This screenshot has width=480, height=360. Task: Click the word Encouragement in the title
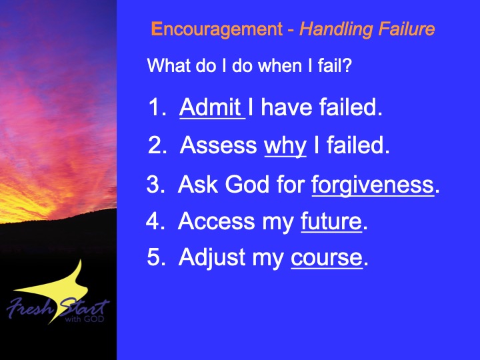[x=217, y=30]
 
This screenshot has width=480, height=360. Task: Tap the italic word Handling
[x=336, y=30]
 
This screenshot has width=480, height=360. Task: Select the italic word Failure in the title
[x=406, y=29]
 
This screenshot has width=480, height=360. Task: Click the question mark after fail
[x=348, y=66]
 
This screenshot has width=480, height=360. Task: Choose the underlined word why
[x=285, y=146]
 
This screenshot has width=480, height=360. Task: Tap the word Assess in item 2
[x=218, y=145]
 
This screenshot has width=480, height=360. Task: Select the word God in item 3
[x=247, y=184]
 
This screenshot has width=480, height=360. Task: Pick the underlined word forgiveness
[x=373, y=185]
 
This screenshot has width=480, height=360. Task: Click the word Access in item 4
[x=216, y=221]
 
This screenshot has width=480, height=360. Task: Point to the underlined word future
[x=331, y=221]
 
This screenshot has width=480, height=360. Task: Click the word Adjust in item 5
[x=211, y=259]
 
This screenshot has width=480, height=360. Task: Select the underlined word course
[x=327, y=258]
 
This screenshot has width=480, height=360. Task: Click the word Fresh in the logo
[x=30, y=308]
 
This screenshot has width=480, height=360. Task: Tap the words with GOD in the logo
[x=85, y=319]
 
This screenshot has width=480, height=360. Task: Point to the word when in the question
[x=280, y=66]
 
